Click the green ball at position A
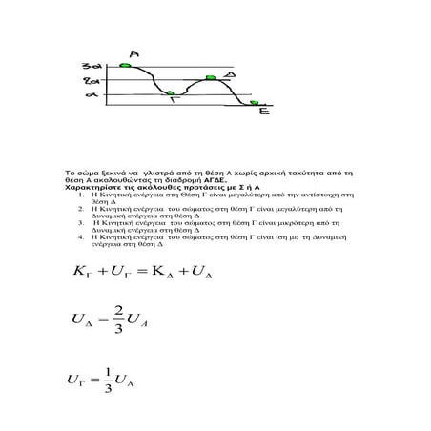(124, 66)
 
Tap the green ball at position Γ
(170, 92)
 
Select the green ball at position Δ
(211, 77)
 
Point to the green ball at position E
(254, 101)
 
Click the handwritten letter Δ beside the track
(232, 73)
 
